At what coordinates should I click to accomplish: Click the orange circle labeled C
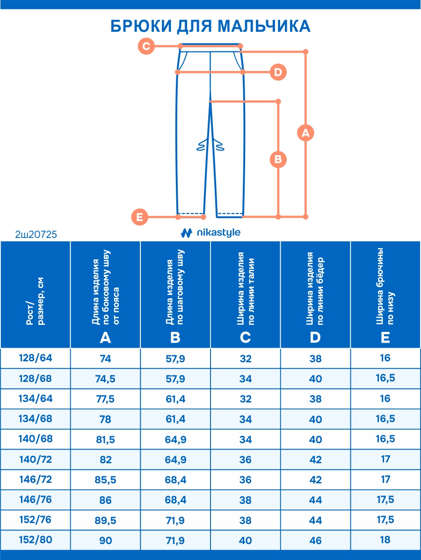pyautogui.click(x=146, y=46)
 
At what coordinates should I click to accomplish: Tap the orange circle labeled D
pyautogui.click(x=278, y=72)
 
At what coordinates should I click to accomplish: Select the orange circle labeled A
pyautogui.click(x=305, y=133)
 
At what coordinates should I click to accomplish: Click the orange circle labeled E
pyautogui.click(x=140, y=217)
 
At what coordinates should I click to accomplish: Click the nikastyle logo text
pyautogui.click(x=218, y=232)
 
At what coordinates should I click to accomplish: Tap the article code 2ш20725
pyautogui.click(x=36, y=234)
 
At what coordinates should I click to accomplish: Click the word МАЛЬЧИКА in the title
pyautogui.click(x=264, y=26)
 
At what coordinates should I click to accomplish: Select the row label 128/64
pyautogui.click(x=36, y=358)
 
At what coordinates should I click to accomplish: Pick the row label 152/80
pyautogui.click(x=36, y=539)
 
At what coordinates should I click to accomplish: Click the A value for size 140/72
pyautogui.click(x=105, y=459)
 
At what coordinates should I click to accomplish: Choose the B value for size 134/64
pyautogui.click(x=175, y=399)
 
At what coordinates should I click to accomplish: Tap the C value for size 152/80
pyautogui.click(x=245, y=540)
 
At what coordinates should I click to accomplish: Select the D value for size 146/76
pyautogui.click(x=315, y=500)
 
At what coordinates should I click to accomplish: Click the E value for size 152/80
pyautogui.click(x=385, y=539)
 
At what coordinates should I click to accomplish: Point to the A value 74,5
pyautogui.click(x=105, y=379)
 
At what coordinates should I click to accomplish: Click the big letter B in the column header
pyautogui.click(x=175, y=337)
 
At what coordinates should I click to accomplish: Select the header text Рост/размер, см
pyautogui.click(x=36, y=301)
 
